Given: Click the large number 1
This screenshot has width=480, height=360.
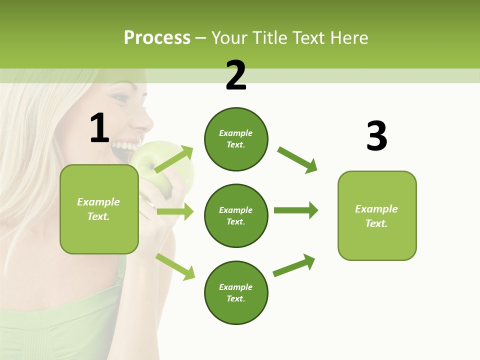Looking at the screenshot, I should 99,128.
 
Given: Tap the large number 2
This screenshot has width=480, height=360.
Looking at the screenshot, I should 236,75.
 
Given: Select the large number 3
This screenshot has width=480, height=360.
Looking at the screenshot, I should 376,136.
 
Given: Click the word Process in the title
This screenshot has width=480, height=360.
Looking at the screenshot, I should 157,37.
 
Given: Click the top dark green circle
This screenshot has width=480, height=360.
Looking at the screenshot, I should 236,139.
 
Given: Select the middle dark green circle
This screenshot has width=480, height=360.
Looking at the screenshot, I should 236,216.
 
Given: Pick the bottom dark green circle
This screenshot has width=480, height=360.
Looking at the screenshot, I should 236,293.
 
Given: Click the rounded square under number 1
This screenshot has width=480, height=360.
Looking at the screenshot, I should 99,209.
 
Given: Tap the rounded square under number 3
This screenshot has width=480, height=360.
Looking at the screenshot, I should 377,216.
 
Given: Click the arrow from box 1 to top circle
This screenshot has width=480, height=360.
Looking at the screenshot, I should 174,159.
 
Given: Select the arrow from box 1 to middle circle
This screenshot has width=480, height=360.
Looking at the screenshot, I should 175,211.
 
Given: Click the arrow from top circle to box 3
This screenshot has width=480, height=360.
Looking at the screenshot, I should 297,160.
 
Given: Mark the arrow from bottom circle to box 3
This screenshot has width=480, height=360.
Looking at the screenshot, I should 294,265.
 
